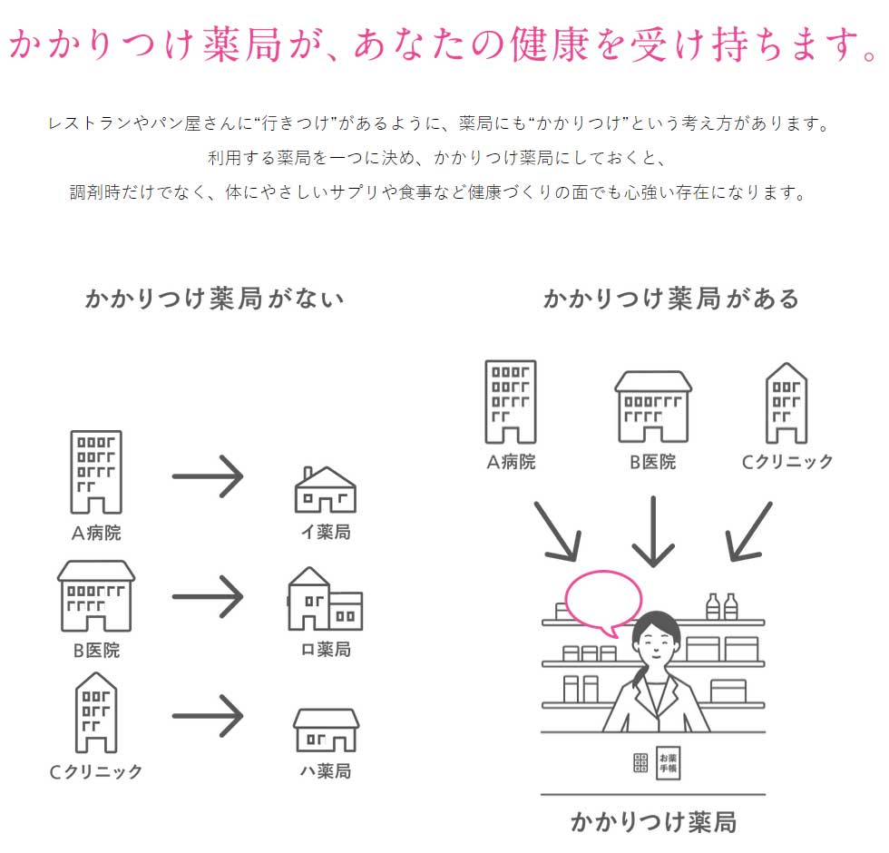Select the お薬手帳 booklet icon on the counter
click(x=669, y=762)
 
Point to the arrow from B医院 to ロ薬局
click(x=208, y=596)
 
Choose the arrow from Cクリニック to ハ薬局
click(x=208, y=716)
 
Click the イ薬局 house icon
click(x=325, y=490)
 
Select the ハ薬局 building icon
click(x=326, y=730)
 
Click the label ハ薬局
click(x=326, y=771)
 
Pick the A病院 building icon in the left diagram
click(x=96, y=472)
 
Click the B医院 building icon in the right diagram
click(x=653, y=407)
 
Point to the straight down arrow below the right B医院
click(x=653, y=532)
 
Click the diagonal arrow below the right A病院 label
click(x=557, y=530)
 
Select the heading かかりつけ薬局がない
click(x=215, y=299)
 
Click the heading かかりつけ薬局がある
click(x=671, y=299)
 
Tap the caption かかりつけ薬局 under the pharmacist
click(x=653, y=822)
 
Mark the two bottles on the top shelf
click(x=721, y=606)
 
